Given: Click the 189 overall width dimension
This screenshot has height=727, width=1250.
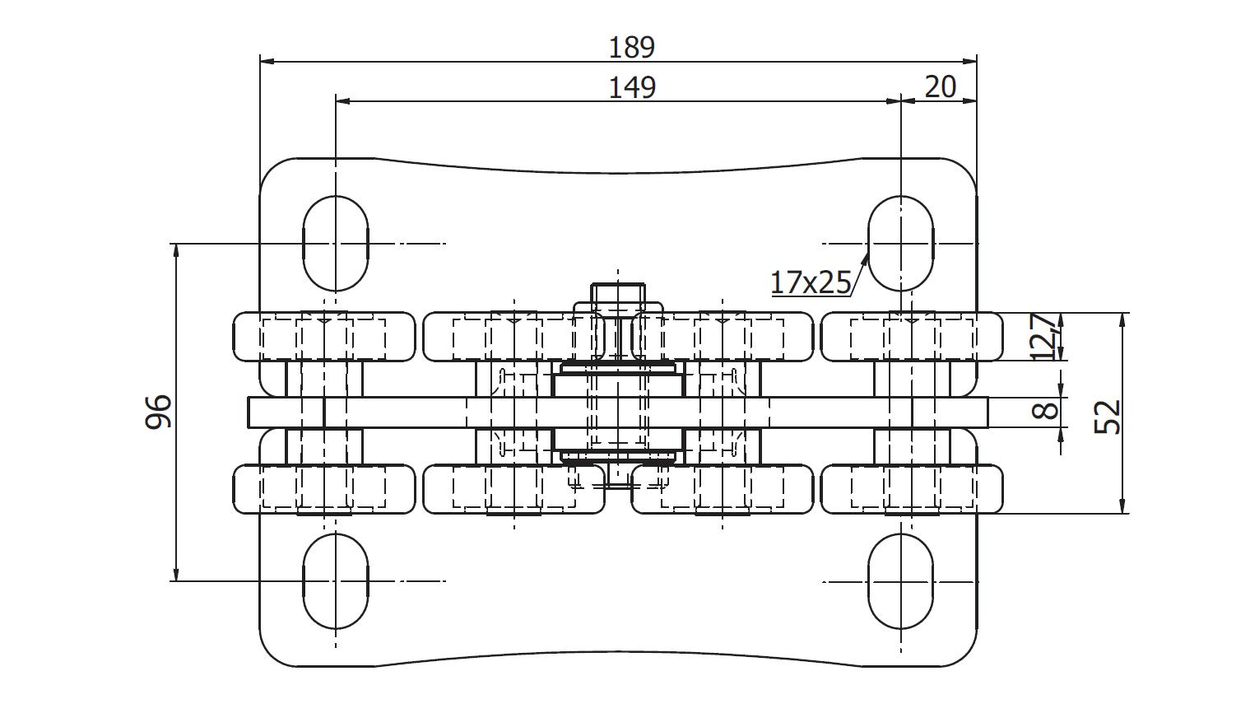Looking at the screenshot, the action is [631, 48].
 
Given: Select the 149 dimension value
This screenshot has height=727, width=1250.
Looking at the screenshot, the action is [632, 88].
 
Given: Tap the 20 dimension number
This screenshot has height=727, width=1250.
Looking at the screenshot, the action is [941, 86].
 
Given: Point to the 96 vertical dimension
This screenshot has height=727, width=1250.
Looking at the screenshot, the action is [158, 412].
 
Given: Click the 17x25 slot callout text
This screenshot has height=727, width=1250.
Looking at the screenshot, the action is [811, 282].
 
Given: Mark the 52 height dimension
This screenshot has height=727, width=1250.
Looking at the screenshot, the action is [1107, 416].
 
